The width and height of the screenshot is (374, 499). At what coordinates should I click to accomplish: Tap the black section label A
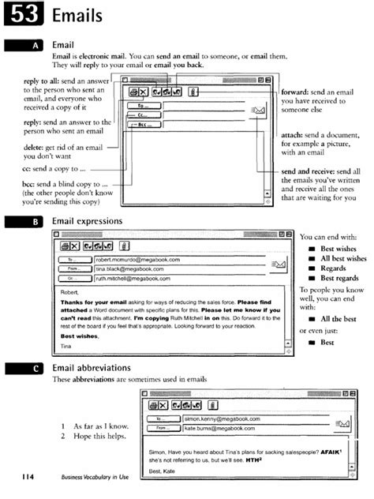pyautogui.click(x=36, y=47)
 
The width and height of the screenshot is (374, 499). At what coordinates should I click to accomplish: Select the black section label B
pyautogui.click(x=36, y=222)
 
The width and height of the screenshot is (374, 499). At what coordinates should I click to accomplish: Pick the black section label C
pyautogui.click(x=36, y=368)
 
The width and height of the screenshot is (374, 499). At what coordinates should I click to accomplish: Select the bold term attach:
pyautogui.click(x=297, y=135)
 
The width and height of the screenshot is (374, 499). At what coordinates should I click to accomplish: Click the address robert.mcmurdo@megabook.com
pyautogui.click(x=138, y=259)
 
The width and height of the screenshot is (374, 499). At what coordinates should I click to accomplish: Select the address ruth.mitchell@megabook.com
pyautogui.click(x=136, y=278)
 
